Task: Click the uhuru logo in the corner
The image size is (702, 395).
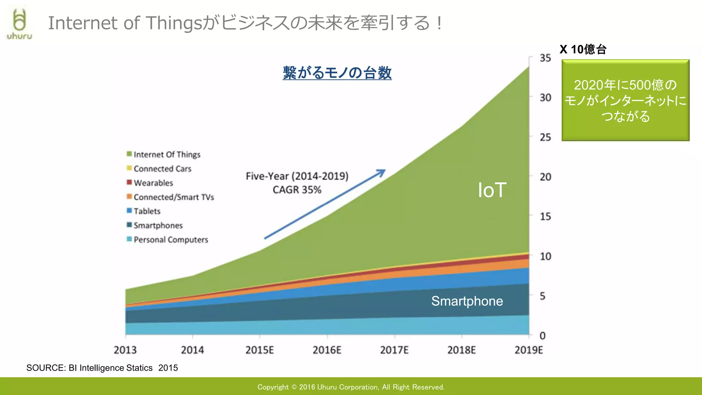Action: [20, 24]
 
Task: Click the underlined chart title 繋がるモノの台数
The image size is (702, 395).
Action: [337, 73]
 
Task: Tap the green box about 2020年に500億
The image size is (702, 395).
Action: [625, 100]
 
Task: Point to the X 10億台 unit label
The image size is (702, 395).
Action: [583, 49]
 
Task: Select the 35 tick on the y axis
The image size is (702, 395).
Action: [545, 58]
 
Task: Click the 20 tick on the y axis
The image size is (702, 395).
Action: [545, 177]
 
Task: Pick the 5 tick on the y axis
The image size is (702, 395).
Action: [543, 296]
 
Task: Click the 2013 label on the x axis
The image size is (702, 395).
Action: [125, 350]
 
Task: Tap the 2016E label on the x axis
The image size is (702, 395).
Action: [327, 350]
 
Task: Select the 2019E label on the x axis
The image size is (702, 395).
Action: [529, 350]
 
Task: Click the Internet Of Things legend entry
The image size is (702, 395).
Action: [167, 155]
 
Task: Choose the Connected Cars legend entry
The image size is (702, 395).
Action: [162, 169]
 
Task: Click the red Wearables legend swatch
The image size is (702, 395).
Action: [129, 182]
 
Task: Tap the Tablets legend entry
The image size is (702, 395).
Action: [147, 211]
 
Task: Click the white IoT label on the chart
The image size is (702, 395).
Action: [492, 190]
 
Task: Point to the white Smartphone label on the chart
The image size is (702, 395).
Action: [467, 301]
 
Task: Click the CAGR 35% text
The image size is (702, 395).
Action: [297, 190]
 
